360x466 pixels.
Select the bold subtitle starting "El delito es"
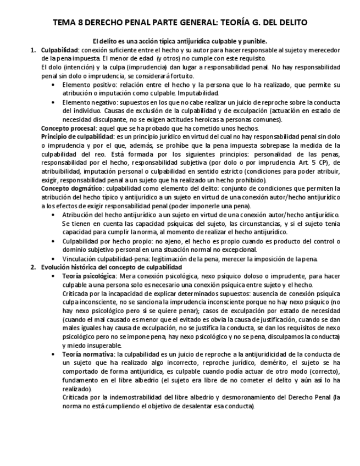tap(180, 41)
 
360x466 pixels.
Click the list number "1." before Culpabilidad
tap(33, 50)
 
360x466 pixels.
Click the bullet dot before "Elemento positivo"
tap(53, 85)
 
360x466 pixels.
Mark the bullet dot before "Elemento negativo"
tap(53, 102)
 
